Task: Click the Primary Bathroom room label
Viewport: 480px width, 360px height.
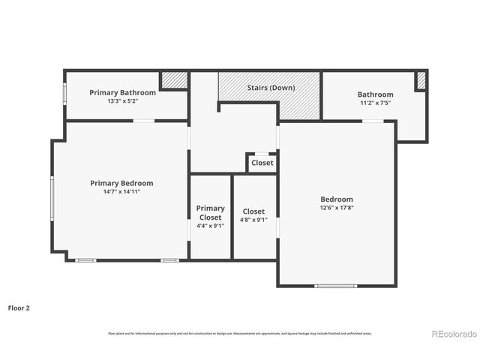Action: pos(122,92)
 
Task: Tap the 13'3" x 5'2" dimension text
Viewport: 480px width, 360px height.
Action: pos(122,100)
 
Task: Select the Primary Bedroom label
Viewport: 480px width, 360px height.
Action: pos(121,183)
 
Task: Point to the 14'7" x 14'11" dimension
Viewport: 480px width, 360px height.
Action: pos(121,191)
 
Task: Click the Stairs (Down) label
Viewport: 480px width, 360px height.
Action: pos(271,88)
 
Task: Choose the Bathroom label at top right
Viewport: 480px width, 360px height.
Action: pos(375,94)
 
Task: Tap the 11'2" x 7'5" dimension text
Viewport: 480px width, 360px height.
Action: pos(375,103)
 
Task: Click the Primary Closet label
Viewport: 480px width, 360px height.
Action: pos(210,213)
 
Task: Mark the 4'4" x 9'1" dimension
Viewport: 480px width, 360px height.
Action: pos(210,225)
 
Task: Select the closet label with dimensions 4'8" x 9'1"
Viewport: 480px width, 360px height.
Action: pos(252,211)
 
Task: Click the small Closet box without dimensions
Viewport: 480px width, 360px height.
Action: pos(262,163)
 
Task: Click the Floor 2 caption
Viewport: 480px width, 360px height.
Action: pos(19,307)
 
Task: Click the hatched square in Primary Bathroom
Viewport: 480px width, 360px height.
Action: pos(174,80)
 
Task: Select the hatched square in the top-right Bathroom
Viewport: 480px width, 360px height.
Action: pos(421,80)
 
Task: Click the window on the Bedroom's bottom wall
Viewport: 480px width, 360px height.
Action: pos(335,286)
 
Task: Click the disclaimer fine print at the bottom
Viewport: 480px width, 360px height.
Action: pos(240,333)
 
